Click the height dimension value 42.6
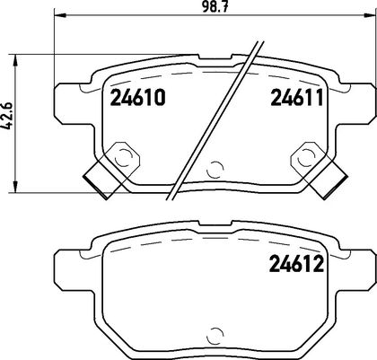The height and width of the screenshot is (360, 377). point(8,116)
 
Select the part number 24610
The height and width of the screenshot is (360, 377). point(137,98)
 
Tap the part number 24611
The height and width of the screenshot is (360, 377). point(297,98)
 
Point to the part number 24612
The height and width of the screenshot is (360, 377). point(297,264)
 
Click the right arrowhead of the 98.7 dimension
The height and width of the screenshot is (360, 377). point(371,14)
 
